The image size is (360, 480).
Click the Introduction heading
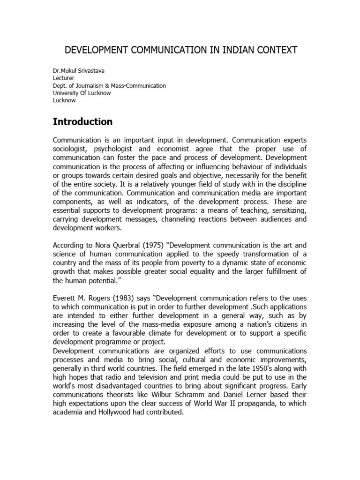[82, 122]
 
